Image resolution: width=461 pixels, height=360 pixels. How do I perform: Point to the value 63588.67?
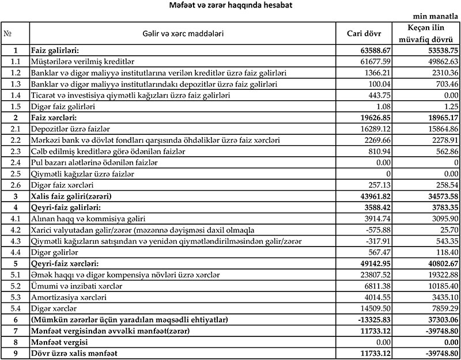pos(375,51)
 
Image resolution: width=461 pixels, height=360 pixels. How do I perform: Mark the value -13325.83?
pos(373,320)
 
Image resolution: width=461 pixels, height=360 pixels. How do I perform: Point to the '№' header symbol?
pos(8,33)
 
